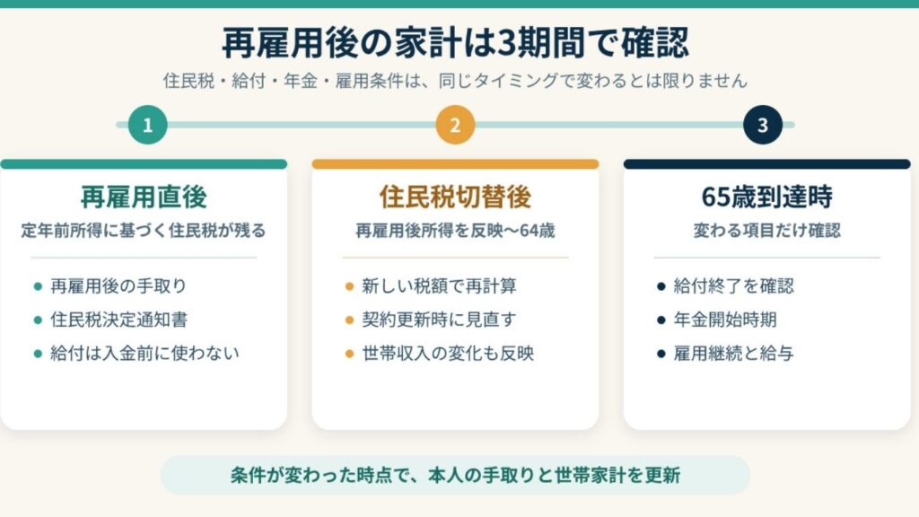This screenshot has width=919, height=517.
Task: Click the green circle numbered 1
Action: [x=148, y=124]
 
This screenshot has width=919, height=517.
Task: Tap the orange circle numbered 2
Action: [x=455, y=124]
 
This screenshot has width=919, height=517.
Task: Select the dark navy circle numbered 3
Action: [x=763, y=124]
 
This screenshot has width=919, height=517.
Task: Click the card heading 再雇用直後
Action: [x=144, y=197]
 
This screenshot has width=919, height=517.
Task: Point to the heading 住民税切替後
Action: [x=455, y=197]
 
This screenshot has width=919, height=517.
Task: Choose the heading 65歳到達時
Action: [x=766, y=197]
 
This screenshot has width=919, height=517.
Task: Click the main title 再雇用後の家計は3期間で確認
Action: [x=455, y=42]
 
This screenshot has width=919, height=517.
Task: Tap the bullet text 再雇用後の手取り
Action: [x=118, y=286]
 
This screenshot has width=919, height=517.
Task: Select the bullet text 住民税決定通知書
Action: [x=119, y=320]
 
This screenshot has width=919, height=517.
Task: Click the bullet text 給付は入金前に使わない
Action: [x=144, y=353]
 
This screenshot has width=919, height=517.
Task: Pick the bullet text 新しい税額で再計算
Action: [x=439, y=286]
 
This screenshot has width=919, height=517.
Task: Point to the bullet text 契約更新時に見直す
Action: [x=439, y=320]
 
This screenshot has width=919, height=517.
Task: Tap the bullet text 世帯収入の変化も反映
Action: [x=448, y=353]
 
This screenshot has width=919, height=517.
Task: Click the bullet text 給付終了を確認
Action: [x=734, y=286]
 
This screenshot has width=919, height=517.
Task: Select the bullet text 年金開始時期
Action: [x=725, y=320]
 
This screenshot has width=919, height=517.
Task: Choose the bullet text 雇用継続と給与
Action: [x=733, y=353]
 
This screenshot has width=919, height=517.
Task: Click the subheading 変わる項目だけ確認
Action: [x=766, y=231]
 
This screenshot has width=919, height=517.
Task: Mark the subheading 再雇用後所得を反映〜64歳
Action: [x=455, y=231]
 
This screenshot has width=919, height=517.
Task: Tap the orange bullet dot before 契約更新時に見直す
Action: [x=349, y=320]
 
